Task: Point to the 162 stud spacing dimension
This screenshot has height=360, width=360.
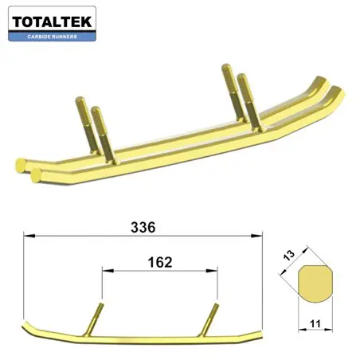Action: coord(159,261)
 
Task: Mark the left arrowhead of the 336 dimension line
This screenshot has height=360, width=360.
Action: coord(27,235)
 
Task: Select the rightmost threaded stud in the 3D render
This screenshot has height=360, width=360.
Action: coord(245,100)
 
